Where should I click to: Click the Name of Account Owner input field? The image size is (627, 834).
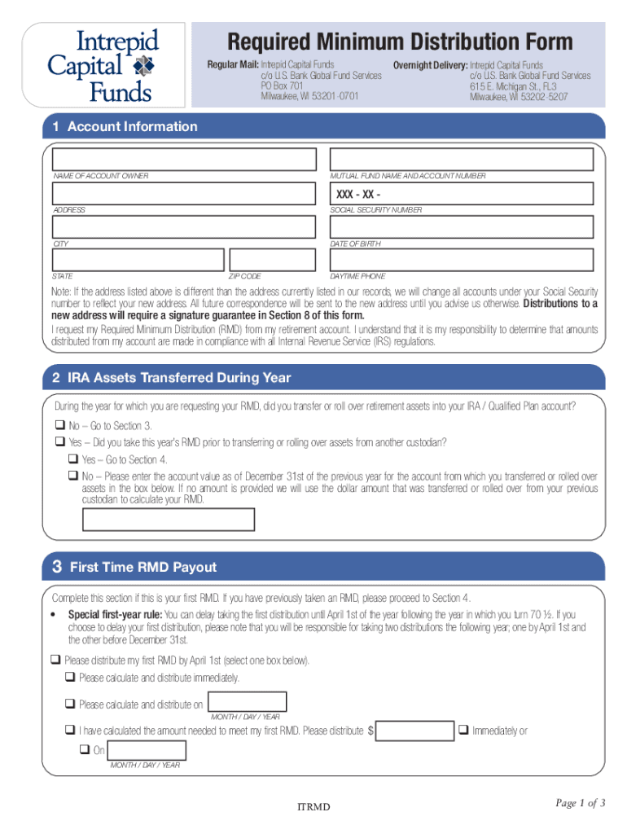184,160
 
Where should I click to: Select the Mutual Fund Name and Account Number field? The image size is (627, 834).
461,160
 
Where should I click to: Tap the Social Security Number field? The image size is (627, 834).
461,194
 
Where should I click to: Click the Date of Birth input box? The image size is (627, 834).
461,227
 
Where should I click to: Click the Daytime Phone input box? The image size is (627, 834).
461,260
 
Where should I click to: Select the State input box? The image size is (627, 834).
138,260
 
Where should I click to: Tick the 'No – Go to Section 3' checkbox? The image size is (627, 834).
59,426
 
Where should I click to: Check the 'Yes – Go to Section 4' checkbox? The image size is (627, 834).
73,459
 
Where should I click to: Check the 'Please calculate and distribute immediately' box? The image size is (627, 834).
71,678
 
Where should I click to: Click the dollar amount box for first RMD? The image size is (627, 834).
415,731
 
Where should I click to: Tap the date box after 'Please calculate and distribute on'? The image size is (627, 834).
248,702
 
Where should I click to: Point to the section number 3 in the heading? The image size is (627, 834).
57,566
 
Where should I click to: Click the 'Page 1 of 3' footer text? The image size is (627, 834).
581,804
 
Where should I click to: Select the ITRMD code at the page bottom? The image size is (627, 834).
313,807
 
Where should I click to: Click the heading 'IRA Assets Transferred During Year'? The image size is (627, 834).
179,378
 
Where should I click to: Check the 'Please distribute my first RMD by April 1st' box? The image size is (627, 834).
56,661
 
